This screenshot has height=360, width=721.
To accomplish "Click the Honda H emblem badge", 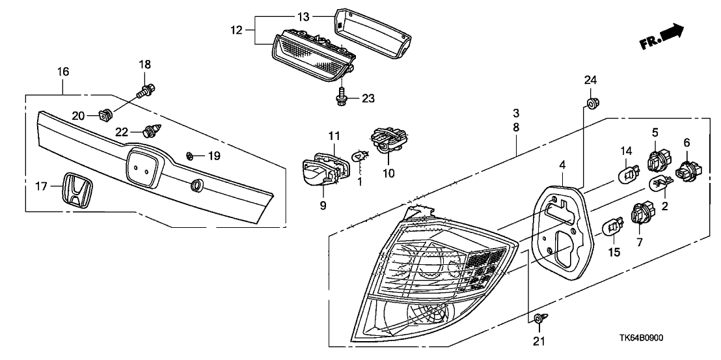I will click(75, 191).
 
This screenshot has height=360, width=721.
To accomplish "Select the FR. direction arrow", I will click(661, 37).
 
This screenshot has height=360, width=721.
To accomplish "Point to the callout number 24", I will click(590, 80).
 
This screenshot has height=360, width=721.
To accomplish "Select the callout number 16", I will click(63, 72).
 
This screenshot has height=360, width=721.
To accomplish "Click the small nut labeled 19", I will click(191, 156).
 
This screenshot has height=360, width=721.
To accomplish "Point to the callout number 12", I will click(236, 31).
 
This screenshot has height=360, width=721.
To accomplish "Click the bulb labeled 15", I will click(613, 227).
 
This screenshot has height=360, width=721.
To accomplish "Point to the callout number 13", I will click(305, 15).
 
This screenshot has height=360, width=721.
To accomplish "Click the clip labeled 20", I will click(103, 116).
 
